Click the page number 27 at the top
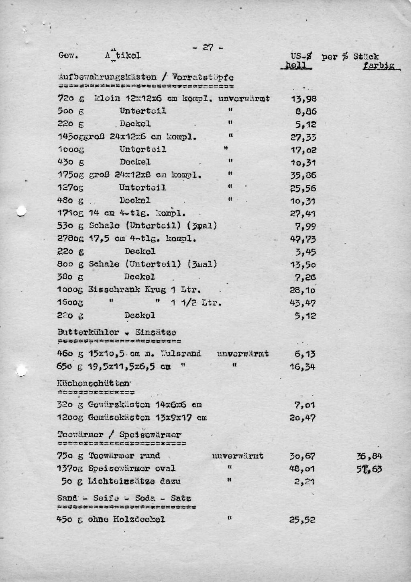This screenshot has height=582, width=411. pos(208,47)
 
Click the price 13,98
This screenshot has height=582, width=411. pos(304,99)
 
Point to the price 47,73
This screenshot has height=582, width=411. pos(303,239)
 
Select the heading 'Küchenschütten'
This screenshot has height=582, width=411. pos(94,383)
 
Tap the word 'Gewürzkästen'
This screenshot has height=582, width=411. pos(113,405)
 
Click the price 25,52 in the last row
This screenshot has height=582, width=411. pos(302,520)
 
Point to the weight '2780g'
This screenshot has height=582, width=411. pos(71,239)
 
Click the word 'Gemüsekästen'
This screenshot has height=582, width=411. pos(113,418)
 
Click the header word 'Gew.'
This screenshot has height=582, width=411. pos(68,56)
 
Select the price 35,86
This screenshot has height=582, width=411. pos(303,176)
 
